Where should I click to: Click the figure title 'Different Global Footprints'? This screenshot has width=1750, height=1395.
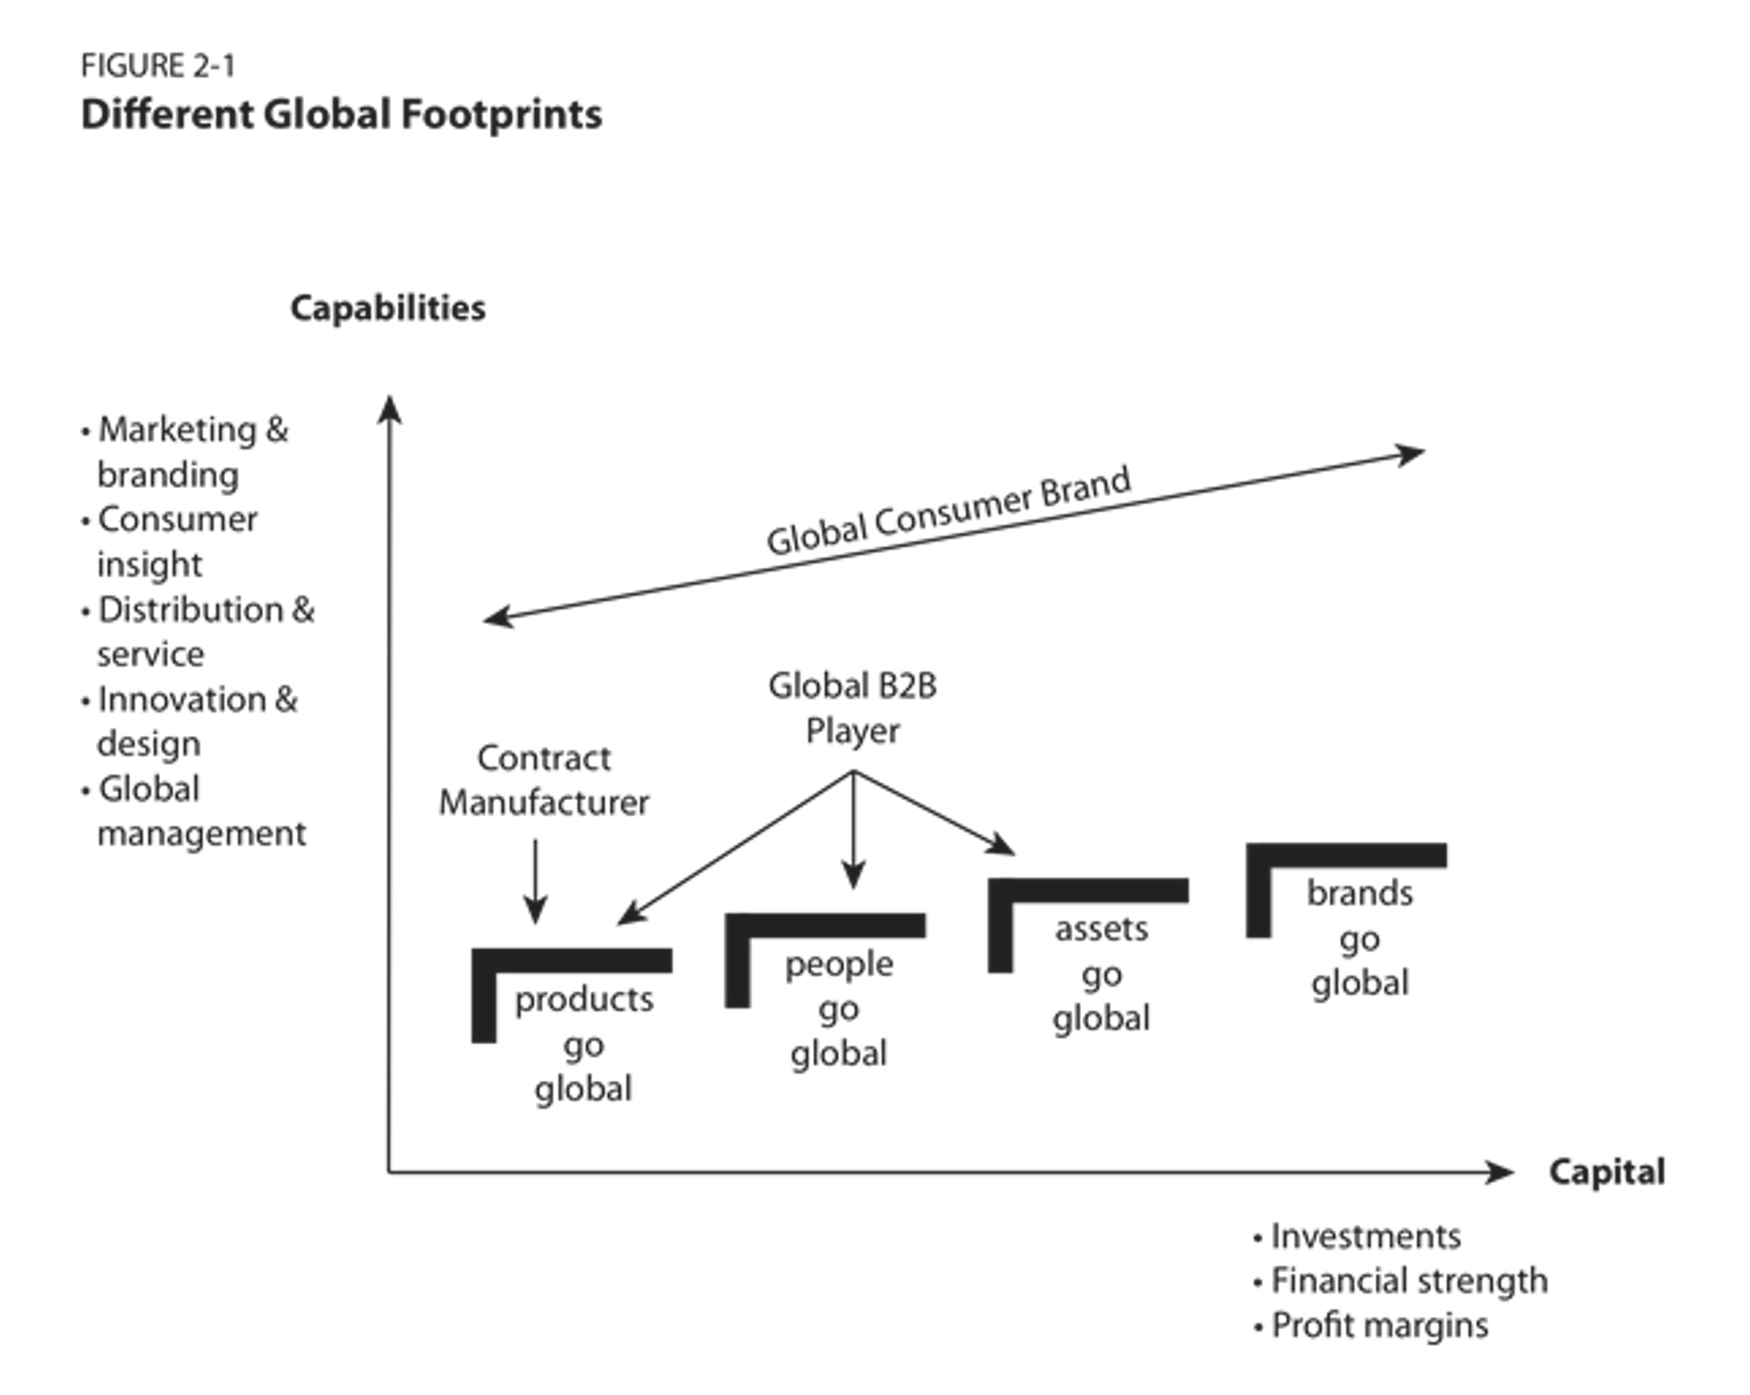click(342, 114)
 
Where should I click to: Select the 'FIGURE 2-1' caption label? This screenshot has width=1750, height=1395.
click(158, 66)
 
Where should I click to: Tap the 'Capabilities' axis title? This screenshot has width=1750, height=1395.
click(388, 309)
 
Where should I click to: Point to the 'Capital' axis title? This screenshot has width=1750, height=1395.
click(1606, 1171)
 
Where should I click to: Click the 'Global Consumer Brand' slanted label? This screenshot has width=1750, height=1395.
click(948, 511)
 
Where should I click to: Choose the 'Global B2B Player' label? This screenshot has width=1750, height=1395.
click(852, 708)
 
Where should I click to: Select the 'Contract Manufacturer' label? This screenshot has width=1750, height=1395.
click(544, 781)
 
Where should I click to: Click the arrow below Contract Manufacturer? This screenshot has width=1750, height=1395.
click(535, 881)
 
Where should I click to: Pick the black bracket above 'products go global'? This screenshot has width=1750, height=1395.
click(573, 961)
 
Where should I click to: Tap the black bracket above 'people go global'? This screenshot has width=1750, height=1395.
click(825, 926)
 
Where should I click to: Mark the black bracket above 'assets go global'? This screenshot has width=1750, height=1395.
click(1088, 890)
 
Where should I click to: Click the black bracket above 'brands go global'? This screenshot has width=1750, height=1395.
click(1346, 855)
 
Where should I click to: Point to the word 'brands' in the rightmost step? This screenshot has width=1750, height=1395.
click(1360, 893)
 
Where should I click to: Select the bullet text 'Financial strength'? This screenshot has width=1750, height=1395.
click(1409, 1281)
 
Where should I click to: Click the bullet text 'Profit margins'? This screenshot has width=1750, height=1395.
click(1380, 1325)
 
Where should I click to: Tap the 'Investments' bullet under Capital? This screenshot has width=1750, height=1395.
click(1366, 1236)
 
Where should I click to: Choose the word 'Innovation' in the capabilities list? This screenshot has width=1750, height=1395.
click(182, 700)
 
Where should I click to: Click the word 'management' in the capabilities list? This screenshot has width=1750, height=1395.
click(202, 834)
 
